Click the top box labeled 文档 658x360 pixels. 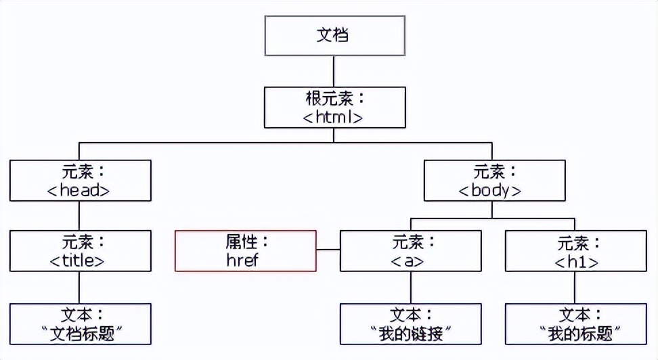(334, 36)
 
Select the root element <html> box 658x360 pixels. (334, 108)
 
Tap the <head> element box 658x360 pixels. (80, 180)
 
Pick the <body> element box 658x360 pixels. (493, 180)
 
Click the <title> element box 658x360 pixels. (80, 251)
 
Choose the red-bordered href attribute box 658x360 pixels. (246, 251)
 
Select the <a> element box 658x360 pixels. (410, 251)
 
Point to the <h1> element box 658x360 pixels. (575, 251)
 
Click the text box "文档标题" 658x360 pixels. (80, 323)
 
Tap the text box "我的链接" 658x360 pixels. (410, 323)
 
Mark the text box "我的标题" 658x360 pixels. (575, 323)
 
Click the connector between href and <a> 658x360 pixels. (328, 251)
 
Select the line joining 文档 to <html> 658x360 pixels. (334, 71)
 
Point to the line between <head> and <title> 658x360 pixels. (80, 216)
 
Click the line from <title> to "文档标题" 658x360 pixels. (80, 288)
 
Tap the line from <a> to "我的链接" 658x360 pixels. (410, 288)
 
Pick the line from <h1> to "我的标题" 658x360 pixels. (575, 288)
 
